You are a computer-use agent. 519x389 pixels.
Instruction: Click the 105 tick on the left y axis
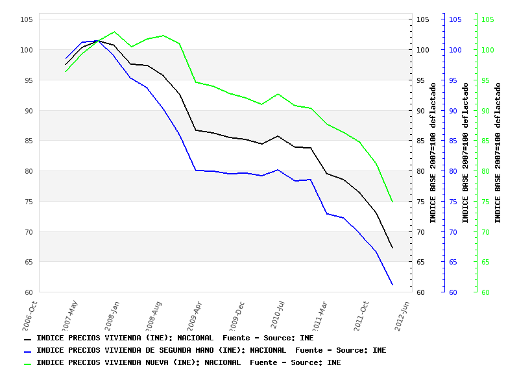click(26, 19)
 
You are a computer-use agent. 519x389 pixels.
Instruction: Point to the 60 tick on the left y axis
click(28, 292)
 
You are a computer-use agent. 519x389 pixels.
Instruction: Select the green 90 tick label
click(487, 111)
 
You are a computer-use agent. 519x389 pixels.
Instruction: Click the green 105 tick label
click(487, 19)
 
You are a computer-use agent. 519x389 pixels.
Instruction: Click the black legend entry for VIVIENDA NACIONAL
click(169, 338)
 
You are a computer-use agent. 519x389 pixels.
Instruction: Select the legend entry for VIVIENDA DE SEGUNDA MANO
click(205, 351)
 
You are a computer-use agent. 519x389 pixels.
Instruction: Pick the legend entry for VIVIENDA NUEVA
click(182, 363)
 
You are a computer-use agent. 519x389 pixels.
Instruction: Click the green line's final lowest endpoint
click(392, 202)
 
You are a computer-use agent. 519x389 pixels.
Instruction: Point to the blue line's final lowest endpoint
click(392, 285)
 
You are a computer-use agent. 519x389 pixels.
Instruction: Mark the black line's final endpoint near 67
click(392, 248)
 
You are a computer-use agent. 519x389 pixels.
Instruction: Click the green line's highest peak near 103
click(115, 32)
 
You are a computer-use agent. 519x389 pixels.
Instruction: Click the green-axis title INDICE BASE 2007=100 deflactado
click(498, 152)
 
